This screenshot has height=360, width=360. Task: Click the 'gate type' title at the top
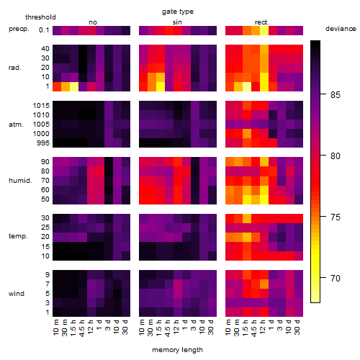178,12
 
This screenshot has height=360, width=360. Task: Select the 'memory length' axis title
177,350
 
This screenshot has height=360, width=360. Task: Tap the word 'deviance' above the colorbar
341,29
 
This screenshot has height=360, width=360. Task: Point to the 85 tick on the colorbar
323,94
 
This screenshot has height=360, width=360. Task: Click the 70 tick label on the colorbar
336,278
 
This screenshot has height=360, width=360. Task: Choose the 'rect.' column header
261,22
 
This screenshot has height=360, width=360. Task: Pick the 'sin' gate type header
177,22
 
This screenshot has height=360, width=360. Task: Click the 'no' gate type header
93,22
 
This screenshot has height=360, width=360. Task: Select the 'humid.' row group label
20,181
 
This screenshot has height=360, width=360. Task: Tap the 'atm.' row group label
16,125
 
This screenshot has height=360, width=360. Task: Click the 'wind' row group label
17,294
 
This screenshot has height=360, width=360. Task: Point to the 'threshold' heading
40,17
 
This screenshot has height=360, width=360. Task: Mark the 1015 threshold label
41,106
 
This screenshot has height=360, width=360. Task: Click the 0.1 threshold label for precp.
44,30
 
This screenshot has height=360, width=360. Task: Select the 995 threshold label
43,143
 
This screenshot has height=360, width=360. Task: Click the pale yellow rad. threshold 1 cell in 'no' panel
74,86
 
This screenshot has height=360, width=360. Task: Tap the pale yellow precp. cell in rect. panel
264,30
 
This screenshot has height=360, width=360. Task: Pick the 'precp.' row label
19,29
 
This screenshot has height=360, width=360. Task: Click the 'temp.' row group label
18,236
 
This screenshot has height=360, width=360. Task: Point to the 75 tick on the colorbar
323,217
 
